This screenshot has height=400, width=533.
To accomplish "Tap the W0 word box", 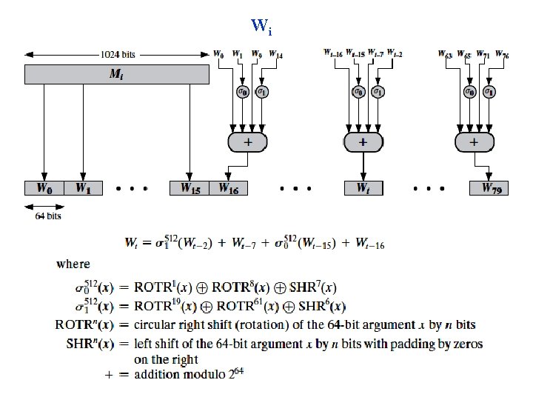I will click(44, 188).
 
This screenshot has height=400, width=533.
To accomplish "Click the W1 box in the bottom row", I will click(83, 188).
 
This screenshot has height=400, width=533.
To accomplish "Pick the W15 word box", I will click(190, 188).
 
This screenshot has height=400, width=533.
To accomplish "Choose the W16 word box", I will click(229, 188).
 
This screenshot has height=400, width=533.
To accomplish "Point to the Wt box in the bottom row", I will click(363, 188).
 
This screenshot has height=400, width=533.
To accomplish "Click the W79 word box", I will click(490, 188).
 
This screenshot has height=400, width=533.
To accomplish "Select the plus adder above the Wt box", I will click(363, 141).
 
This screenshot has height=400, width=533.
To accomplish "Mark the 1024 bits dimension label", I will click(118, 54).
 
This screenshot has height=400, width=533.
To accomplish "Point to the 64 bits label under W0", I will click(49, 216).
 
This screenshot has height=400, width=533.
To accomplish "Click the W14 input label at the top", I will click(275, 54).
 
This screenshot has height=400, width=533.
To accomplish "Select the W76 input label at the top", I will click(502, 54).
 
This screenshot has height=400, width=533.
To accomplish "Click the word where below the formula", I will click(73, 264).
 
